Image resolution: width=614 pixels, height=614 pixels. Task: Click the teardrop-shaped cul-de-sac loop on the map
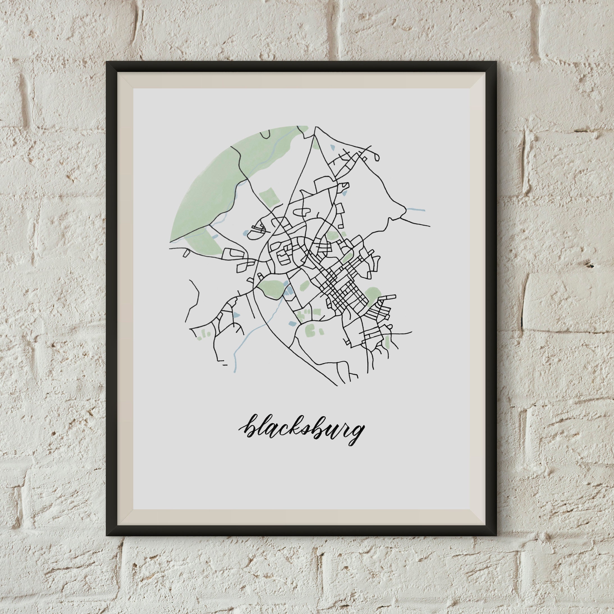[377, 156]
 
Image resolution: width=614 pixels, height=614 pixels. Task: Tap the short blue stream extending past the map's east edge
[415, 209]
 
